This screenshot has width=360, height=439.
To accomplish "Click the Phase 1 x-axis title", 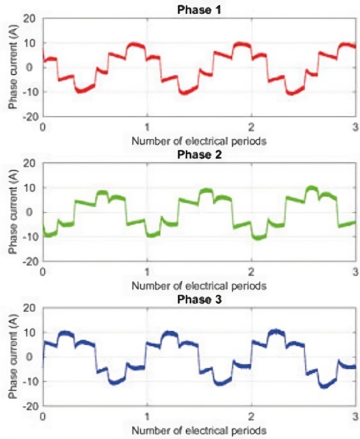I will pos(198,140).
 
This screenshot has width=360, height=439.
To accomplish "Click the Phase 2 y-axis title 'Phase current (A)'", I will pos(12,212).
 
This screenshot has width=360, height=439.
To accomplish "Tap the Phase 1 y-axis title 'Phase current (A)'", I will pos(12,67).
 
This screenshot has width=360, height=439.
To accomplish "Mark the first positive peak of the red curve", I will pos(136,44).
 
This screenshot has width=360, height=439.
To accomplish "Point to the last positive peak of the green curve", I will pos(311,188).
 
